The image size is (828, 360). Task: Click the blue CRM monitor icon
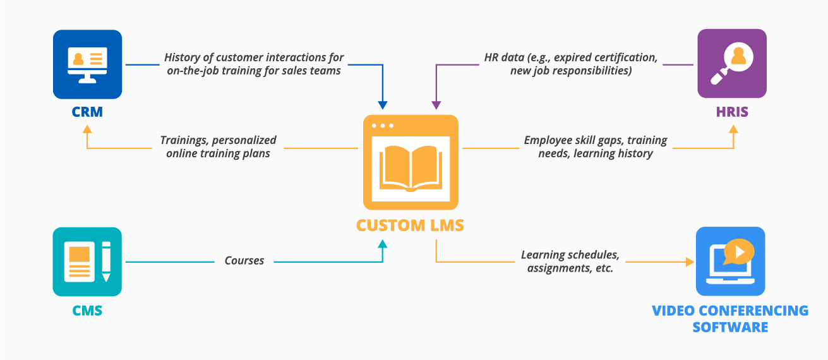tap(87, 64)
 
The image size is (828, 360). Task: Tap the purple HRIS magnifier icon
tap(731, 64)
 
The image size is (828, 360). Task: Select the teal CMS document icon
tap(87, 261)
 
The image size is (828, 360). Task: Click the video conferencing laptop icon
tap(730, 261)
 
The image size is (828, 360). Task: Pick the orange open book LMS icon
tap(411, 162)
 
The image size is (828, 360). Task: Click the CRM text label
tap(87, 113)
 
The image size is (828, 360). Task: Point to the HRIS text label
tap(732, 112)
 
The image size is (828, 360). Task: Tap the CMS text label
tap(87, 311)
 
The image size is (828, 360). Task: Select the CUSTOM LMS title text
tap(410, 225)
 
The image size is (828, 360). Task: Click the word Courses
tap(244, 260)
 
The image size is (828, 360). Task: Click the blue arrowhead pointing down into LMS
tap(382, 105)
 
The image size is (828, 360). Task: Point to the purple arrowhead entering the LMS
tap(435, 105)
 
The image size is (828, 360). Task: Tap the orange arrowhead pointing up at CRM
tap(87, 129)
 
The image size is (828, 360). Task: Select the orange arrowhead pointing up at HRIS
tap(733, 129)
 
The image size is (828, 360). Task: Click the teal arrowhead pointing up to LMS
tap(381, 243)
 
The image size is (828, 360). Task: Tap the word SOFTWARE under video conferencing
tap(730, 327)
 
